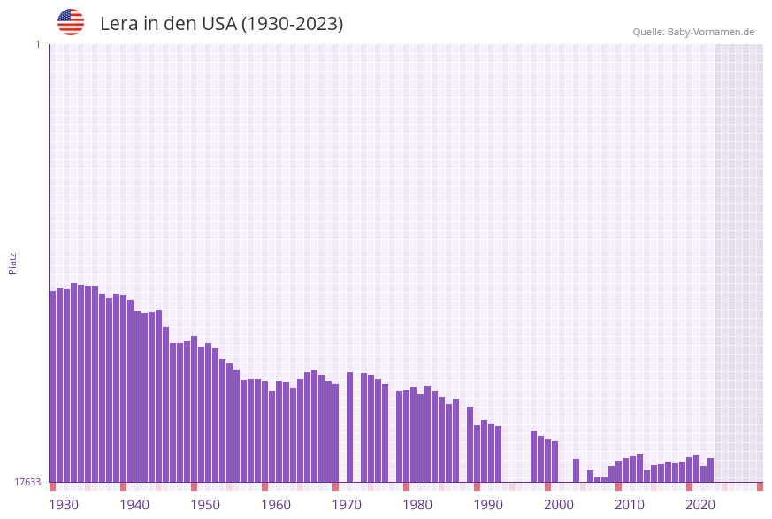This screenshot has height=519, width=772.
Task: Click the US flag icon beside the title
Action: click(x=71, y=22)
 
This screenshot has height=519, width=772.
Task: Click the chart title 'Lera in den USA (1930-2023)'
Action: click(x=221, y=24)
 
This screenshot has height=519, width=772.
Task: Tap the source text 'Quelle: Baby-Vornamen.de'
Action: click(x=693, y=32)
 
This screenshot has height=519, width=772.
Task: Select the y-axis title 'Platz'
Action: click(x=13, y=263)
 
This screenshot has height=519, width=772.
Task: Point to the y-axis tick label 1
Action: click(x=37, y=44)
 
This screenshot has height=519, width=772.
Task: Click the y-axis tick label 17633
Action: click(x=27, y=482)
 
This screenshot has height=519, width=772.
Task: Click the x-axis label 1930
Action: click(x=64, y=505)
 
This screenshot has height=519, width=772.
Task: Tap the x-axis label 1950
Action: click(x=205, y=505)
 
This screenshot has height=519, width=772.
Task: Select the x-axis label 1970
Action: click(x=347, y=505)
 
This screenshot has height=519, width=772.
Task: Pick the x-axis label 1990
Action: click(x=488, y=505)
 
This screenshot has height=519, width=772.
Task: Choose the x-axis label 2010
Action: click(x=630, y=505)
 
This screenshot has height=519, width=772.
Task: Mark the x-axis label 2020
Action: click(x=700, y=505)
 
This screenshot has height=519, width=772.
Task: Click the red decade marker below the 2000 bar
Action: click(x=548, y=486)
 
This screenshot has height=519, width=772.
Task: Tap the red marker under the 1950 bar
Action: click(x=195, y=486)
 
